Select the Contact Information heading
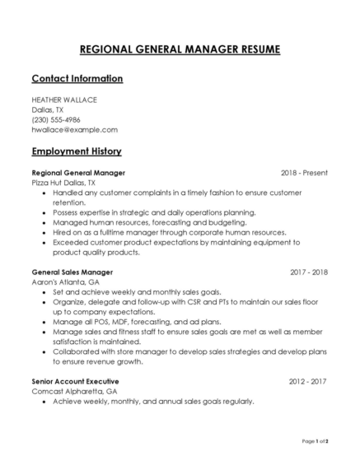77,79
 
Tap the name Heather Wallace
64,100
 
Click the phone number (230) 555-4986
56,119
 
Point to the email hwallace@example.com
74,129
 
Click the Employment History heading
77,151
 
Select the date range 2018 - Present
304,173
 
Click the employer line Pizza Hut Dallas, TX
63,183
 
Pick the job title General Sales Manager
72,272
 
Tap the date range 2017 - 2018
309,272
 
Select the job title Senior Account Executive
75,382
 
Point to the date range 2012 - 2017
309,382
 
